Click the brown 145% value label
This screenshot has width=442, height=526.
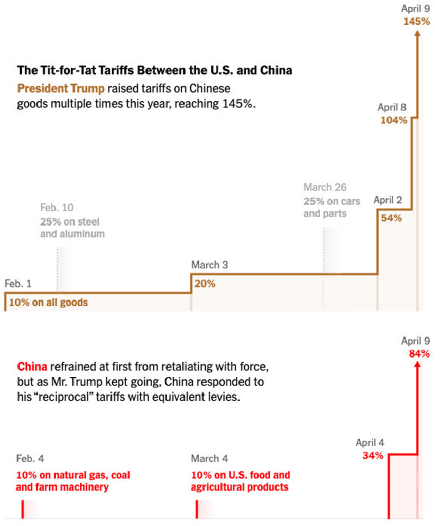[416, 22]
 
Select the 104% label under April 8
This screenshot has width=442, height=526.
[394, 120]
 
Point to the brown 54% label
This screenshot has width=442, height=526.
[391, 218]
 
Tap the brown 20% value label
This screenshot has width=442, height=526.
[205, 283]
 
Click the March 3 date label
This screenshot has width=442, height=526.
[209, 265]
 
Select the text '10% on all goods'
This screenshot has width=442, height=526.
[48, 302]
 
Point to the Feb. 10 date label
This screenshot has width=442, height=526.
[57, 208]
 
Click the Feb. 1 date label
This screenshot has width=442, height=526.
[18, 283]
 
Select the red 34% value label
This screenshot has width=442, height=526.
[373, 455]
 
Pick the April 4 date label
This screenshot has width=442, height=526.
[370, 443]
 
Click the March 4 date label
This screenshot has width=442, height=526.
[209, 458]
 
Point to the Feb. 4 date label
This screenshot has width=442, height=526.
[33, 458]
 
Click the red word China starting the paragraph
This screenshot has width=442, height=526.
[32, 367]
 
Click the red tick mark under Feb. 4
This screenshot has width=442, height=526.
[23, 510]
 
